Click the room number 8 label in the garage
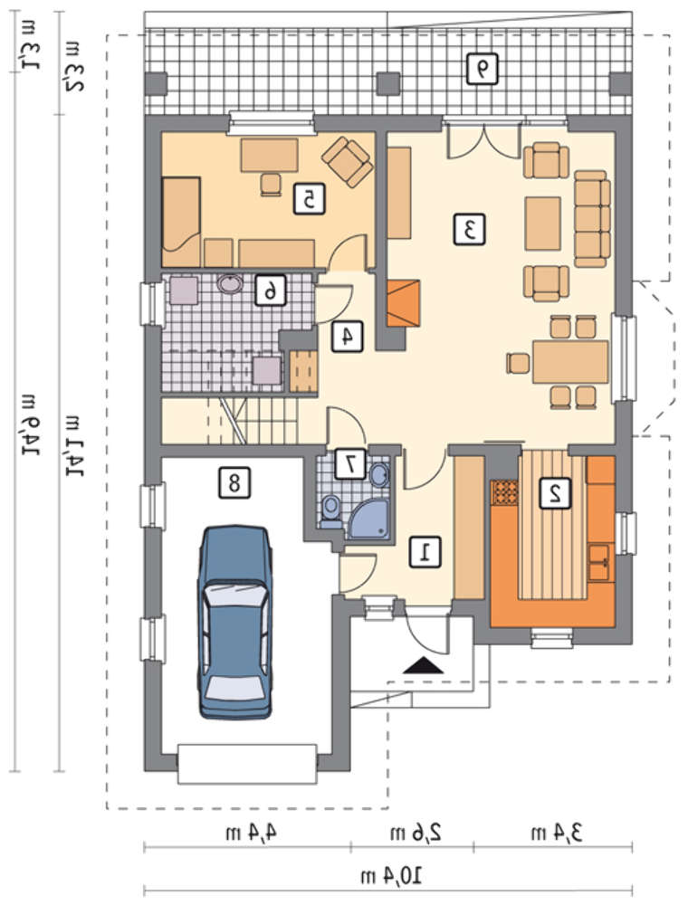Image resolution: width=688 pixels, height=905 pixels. tap(234, 482)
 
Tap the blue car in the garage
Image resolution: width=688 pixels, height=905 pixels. tap(235, 623)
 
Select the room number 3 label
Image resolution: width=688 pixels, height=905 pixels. tap(469, 230)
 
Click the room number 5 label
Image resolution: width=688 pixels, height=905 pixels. tap(309, 199)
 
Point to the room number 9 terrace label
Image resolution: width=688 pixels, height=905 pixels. tap(483, 70)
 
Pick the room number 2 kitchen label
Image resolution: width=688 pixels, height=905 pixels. tap(555, 493)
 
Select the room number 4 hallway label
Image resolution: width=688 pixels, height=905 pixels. tap(347, 336)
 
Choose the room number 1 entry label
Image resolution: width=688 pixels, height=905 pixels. tap(425, 551)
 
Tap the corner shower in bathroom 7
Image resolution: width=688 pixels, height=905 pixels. tap(370, 519)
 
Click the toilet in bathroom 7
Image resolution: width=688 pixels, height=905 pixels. tap(330, 511)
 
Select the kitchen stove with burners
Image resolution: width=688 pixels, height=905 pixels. tap(504, 493)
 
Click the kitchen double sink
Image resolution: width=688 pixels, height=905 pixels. tap(599, 562)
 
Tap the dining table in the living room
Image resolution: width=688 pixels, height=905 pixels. tap(570, 362)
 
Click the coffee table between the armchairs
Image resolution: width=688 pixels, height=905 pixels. tap(542, 224)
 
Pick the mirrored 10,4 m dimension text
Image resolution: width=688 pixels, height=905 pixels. tap(391, 877)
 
